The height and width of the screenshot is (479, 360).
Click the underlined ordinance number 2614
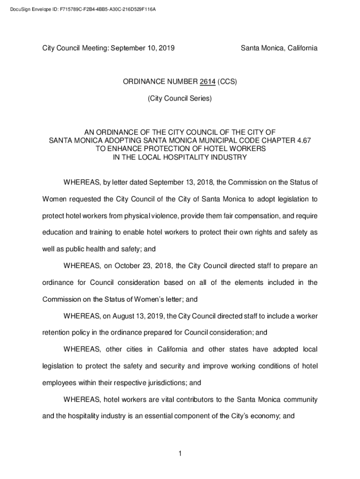207,81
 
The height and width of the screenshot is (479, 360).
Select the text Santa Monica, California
279,48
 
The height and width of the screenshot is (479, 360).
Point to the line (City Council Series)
180,99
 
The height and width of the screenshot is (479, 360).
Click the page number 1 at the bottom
180,453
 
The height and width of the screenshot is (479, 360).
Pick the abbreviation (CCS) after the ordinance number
227,81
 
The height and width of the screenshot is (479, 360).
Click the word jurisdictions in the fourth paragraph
162,383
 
